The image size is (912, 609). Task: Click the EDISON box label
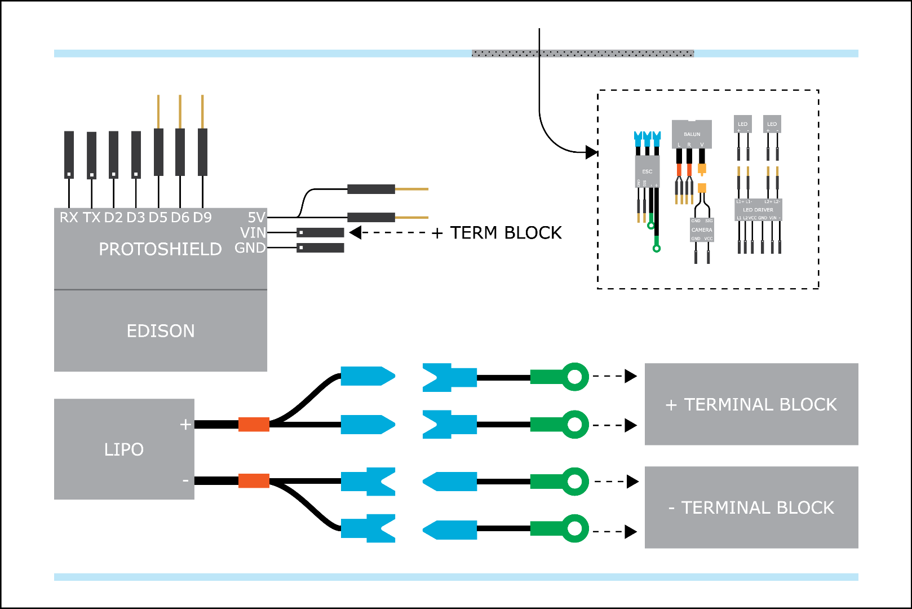[161, 331]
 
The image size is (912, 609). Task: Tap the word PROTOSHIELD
[160, 249]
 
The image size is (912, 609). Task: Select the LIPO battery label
[124, 449]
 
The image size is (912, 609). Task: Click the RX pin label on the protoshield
[69, 218]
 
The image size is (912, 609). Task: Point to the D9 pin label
[202, 218]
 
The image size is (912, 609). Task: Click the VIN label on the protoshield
[253, 233]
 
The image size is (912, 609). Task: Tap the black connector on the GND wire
[320, 248]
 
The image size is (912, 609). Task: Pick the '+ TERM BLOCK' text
[497, 233]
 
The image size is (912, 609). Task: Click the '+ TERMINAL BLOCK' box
[751, 404]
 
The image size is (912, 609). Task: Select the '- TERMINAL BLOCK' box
[751, 507]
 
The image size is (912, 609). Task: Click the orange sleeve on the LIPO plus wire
[254, 424]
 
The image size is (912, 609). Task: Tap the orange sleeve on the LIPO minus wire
[254, 481]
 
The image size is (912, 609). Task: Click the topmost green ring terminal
[574, 377]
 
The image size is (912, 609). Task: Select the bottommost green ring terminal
[574, 528]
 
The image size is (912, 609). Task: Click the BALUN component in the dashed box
[692, 134]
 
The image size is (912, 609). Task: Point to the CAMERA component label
[702, 230]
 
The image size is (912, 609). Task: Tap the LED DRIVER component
[758, 210]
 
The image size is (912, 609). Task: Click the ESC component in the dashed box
[647, 171]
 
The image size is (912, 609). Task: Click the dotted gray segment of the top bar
[583, 54]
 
